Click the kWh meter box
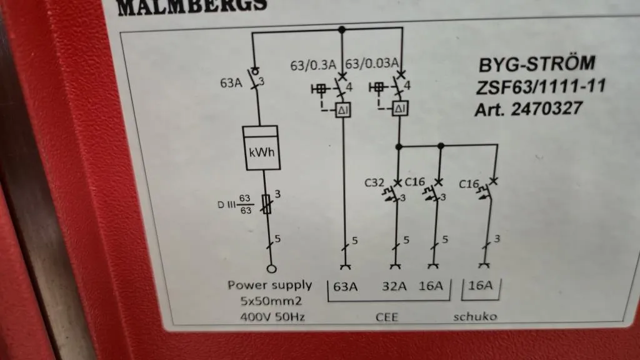[x=261, y=147]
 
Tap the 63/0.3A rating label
[x=313, y=65]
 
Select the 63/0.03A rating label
[x=372, y=63]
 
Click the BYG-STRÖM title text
[x=537, y=64]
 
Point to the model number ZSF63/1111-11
[x=541, y=86]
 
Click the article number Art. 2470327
[x=528, y=109]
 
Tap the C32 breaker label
[x=374, y=182]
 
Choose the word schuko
[x=475, y=316]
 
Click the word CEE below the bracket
[x=386, y=317]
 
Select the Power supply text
[x=270, y=285]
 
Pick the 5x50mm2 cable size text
[x=271, y=301]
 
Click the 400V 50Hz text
[x=272, y=317]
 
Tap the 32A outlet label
[x=394, y=286]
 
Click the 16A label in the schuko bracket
[x=480, y=285]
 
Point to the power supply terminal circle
[x=271, y=269]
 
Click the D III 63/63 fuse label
[x=235, y=204]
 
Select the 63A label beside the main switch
[x=231, y=83]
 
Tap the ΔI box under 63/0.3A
[x=343, y=110]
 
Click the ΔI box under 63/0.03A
[x=400, y=109]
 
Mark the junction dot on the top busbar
[x=342, y=29]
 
